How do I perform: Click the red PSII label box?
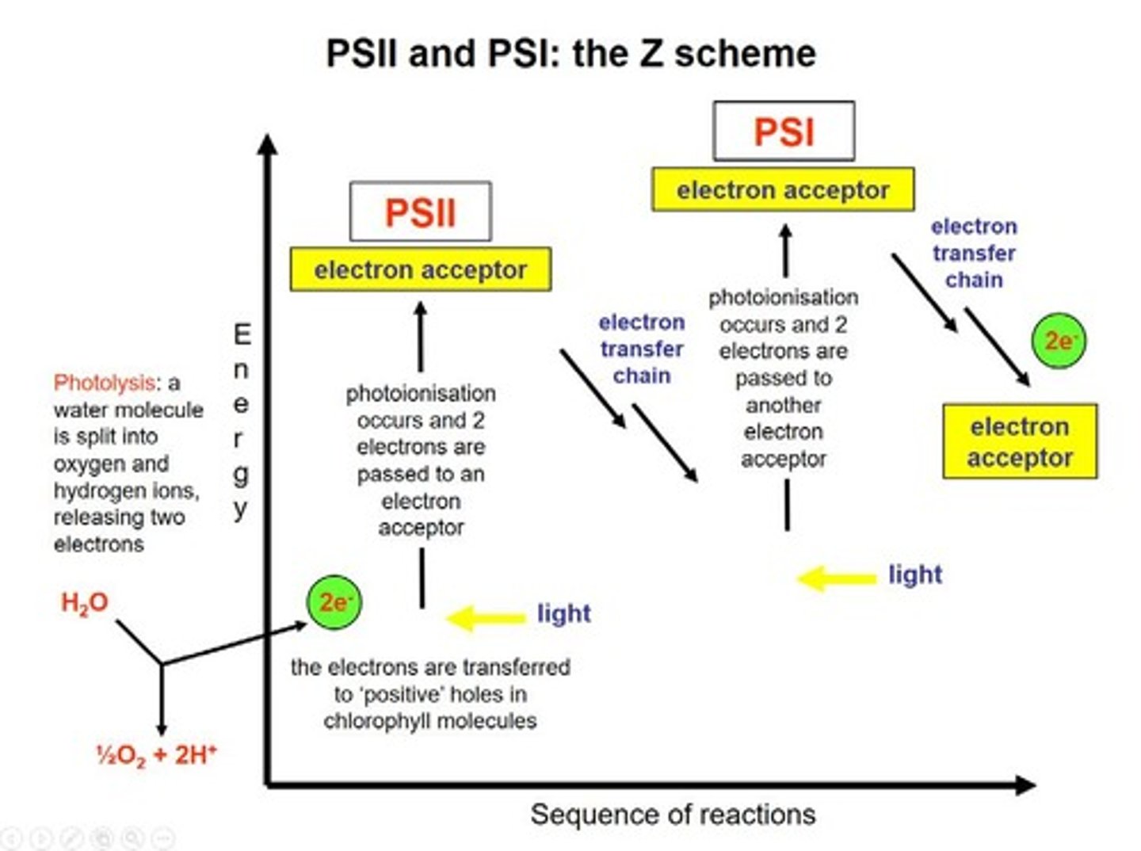420,212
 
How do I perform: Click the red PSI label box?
783,132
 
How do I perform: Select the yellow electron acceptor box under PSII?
420,270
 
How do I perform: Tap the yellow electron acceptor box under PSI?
783,190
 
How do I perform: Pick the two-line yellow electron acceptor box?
1019,442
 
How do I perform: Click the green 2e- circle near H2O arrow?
334,603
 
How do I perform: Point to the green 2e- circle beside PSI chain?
1059,341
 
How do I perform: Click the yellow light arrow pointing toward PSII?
485,617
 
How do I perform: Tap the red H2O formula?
84,603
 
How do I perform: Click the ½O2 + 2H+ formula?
156,755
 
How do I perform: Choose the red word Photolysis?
104,383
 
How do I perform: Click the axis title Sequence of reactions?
672,815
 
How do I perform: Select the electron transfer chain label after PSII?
642,349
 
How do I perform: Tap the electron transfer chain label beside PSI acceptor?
974,253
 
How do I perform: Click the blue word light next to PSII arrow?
563,613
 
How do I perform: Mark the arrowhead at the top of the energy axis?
269,144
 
